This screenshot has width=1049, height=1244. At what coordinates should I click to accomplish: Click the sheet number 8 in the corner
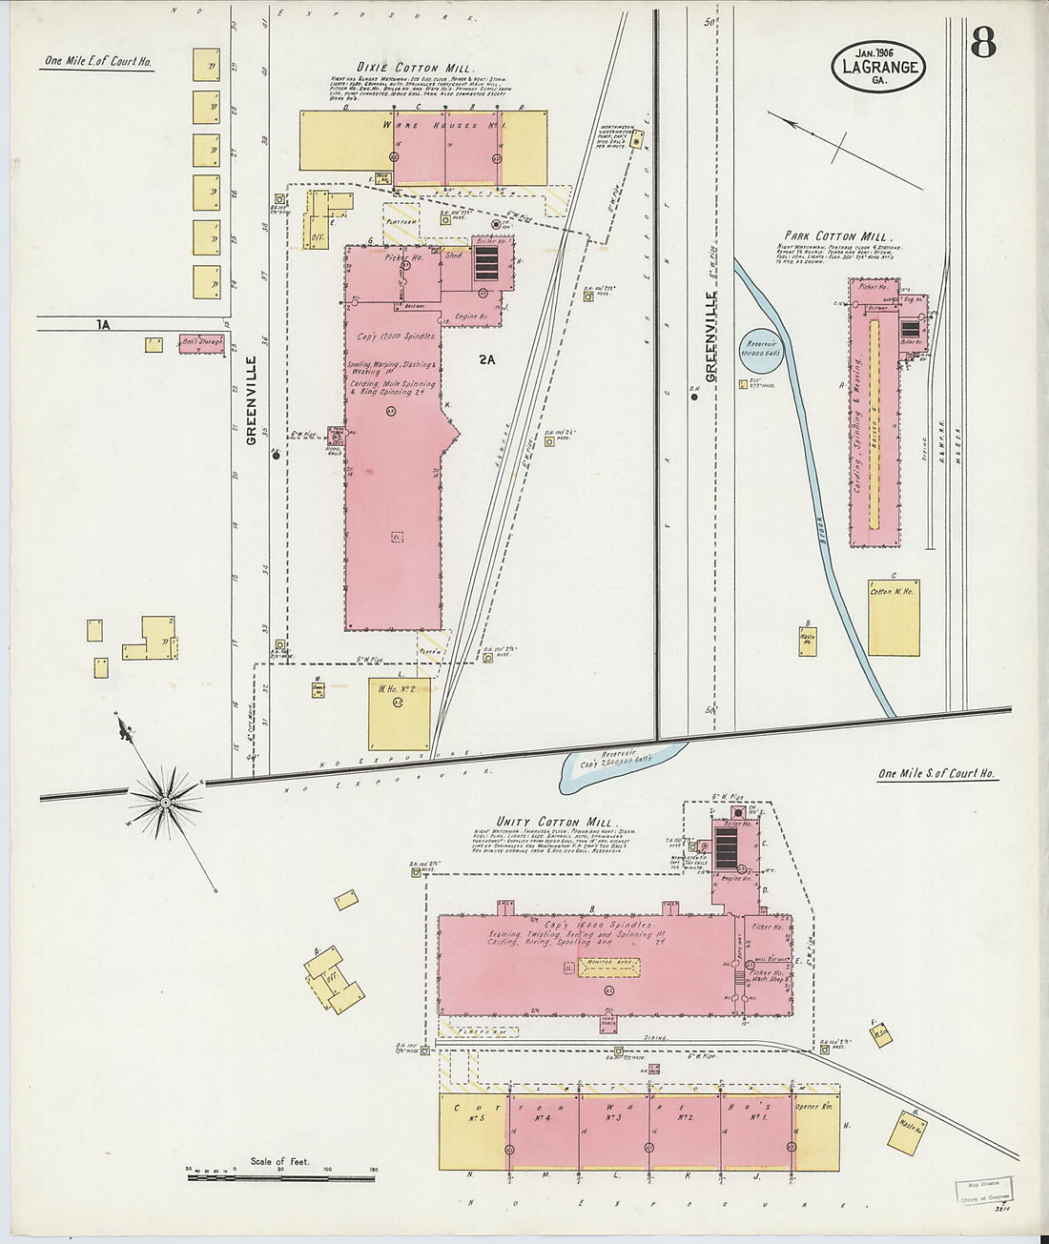(x=983, y=43)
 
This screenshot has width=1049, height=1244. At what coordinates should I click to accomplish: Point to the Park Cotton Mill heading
(x=836, y=236)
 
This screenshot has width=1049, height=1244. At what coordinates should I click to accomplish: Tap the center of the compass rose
(x=165, y=803)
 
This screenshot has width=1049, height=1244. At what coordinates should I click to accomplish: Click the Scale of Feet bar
(x=282, y=1177)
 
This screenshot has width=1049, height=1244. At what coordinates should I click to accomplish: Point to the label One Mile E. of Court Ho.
(x=97, y=63)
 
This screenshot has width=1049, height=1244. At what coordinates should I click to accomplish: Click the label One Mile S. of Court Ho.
(x=936, y=774)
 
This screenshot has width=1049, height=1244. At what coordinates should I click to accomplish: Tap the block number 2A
(x=487, y=359)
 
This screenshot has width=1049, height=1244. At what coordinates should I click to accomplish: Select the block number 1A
(x=103, y=324)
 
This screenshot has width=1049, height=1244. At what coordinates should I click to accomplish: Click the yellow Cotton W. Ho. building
(x=894, y=617)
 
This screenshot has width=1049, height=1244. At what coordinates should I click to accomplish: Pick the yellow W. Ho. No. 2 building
(x=399, y=713)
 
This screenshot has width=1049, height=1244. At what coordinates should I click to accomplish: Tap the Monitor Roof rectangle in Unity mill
(x=608, y=966)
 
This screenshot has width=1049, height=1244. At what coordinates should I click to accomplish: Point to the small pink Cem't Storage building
(x=200, y=343)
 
